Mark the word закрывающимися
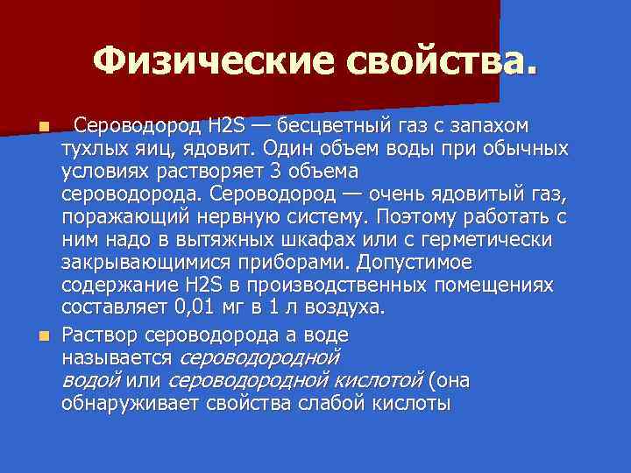143,263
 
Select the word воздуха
344,307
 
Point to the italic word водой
90,381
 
